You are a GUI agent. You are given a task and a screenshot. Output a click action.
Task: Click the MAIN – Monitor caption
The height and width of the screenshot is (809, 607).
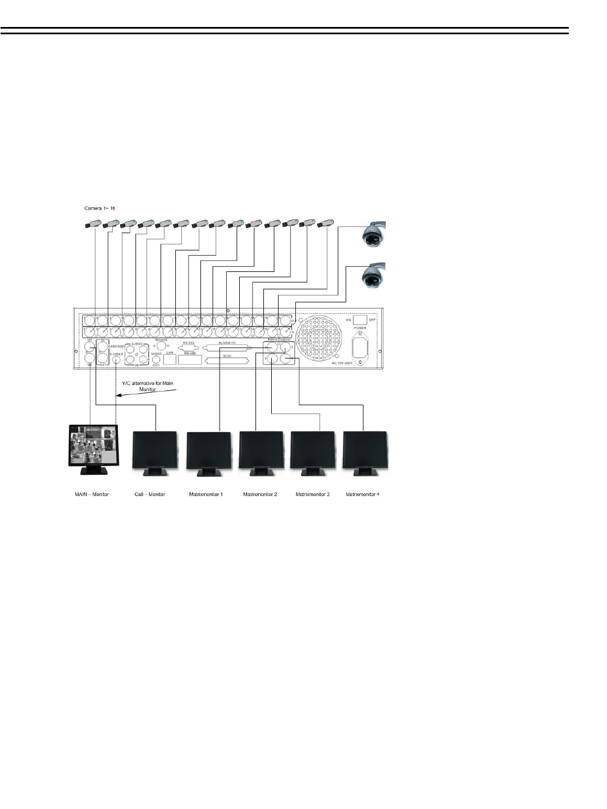click(x=92, y=494)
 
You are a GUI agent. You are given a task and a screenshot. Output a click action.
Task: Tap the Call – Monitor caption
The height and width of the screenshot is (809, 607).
click(x=150, y=494)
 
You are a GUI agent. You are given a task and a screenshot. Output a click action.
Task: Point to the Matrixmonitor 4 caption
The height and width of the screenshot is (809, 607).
click(x=362, y=494)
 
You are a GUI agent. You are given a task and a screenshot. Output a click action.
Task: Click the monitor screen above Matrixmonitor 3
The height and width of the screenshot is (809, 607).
click(x=313, y=450)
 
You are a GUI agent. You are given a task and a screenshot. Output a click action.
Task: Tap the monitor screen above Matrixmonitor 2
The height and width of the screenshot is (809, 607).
click(x=261, y=450)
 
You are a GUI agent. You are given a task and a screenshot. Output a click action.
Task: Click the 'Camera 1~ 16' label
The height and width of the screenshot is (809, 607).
click(x=99, y=208)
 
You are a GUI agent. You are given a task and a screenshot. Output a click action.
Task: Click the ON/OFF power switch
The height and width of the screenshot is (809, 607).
click(x=360, y=319)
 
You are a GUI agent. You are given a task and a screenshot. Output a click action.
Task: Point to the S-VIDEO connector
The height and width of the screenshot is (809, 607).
click(x=116, y=360)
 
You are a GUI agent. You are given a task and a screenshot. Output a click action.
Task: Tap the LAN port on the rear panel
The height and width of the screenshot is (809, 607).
click(x=170, y=359)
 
